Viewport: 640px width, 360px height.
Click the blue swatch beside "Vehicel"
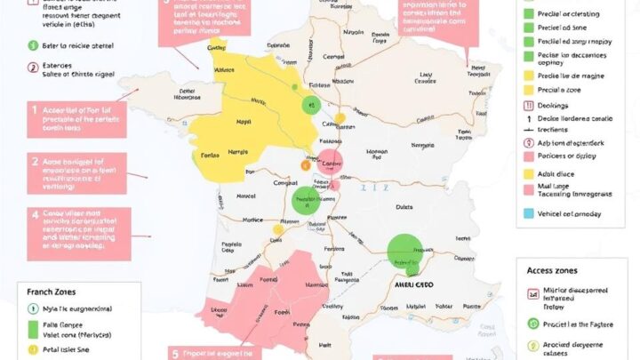(529, 213)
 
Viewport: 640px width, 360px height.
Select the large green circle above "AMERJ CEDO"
(405, 250)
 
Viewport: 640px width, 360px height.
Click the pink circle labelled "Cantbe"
(330, 164)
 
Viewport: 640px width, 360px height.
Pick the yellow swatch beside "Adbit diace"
(529, 174)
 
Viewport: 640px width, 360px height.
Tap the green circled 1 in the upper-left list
(34, 44)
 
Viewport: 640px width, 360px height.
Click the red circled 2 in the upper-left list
(34, 67)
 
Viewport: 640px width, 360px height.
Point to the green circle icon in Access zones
(533, 324)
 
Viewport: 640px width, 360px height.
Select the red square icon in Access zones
(533, 292)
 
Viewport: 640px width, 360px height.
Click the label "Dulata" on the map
(404, 208)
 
